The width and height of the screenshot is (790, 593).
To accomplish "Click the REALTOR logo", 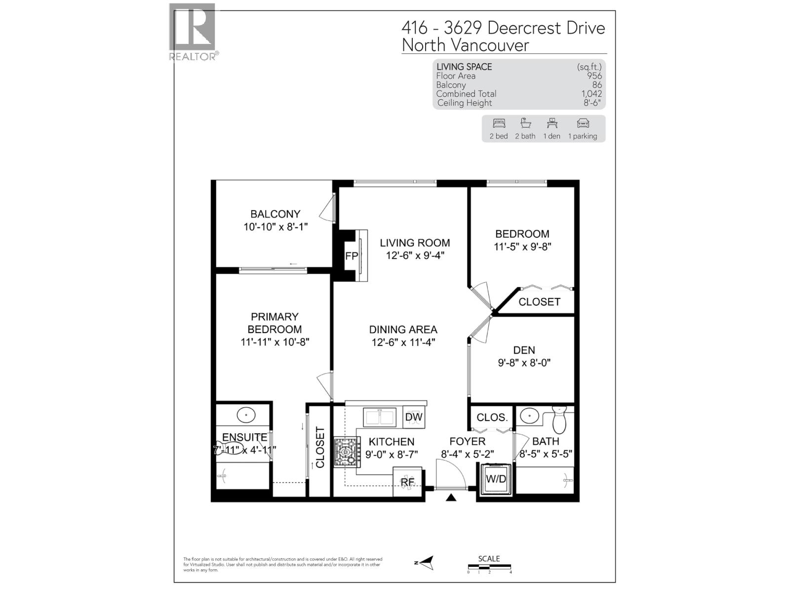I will click(x=193, y=32).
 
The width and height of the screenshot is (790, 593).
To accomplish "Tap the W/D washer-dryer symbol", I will click(x=496, y=478).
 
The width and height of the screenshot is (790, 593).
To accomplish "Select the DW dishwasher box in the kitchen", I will click(x=414, y=417).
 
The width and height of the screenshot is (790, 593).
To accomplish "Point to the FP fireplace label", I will click(x=352, y=256).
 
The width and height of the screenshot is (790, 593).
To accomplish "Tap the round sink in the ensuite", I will click(x=246, y=415).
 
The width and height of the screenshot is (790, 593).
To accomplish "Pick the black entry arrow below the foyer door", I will click(x=451, y=498).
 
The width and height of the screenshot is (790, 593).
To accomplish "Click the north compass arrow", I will click(x=425, y=562).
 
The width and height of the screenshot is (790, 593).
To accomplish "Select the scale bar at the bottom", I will click(x=489, y=567).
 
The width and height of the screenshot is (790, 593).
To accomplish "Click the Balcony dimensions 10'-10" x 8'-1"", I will click(x=276, y=227).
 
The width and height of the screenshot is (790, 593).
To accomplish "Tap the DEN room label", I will click(x=524, y=350).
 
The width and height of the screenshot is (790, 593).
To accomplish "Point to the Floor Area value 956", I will click(x=594, y=76).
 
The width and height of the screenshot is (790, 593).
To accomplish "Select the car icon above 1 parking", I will click(x=583, y=124).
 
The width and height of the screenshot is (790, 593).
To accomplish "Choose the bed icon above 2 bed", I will click(x=499, y=124).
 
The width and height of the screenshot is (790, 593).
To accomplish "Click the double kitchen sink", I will click(x=379, y=417).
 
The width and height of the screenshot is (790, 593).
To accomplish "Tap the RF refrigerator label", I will click(x=407, y=481).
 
